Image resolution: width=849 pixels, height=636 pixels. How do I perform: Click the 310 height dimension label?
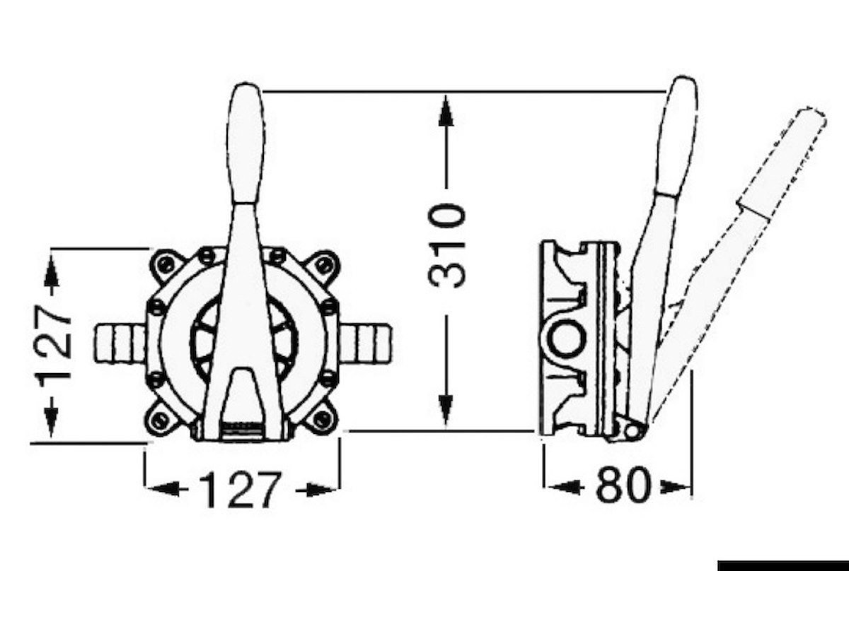[x=446, y=247]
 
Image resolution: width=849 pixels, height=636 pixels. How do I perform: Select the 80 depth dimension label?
[x=623, y=485]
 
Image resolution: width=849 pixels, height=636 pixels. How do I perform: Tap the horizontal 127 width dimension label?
[x=240, y=489]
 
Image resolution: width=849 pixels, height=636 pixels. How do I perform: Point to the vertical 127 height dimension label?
[x=52, y=342]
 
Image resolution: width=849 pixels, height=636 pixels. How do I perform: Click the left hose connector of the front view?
[x=120, y=343]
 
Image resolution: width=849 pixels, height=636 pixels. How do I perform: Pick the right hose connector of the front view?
[x=366, y=343]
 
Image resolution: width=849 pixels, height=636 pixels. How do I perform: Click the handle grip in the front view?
[x=246, y=143]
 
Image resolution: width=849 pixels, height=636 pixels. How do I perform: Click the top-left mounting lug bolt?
[x=167, y=265]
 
